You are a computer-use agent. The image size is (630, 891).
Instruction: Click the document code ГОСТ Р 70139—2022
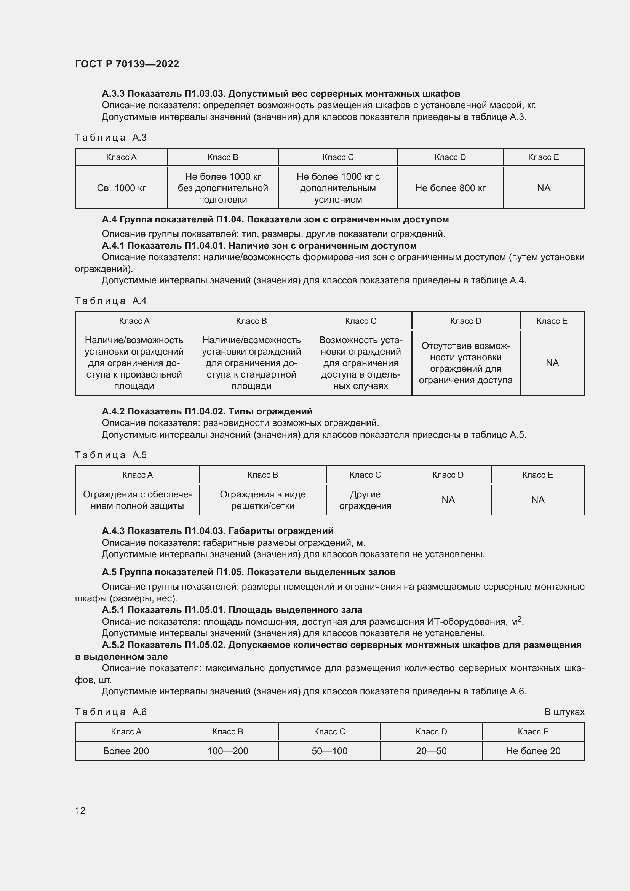(x=127, y=64)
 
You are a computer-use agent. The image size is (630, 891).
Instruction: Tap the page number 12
(x=80, y=810)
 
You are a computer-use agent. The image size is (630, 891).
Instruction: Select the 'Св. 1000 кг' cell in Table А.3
(x=121, y=188)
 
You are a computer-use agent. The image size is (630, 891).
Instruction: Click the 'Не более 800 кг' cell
(x=450, y=188)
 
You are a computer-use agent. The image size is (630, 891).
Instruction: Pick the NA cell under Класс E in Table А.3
(x=544, y=188)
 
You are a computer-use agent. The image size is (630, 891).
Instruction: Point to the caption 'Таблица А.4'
(x=110, y=301)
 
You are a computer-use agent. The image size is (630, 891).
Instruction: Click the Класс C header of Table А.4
(x=360, y=321)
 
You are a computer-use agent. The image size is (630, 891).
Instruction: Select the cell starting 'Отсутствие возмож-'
(x=465, y=363)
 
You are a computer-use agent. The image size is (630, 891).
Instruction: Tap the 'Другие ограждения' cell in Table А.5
(x=365, y=500)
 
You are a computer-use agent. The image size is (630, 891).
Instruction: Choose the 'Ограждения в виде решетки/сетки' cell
(x=263, y=500)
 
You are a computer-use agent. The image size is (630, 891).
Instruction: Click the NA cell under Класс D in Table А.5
(x=448, y=500)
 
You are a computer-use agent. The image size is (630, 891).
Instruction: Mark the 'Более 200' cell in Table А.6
(x=126, y=751)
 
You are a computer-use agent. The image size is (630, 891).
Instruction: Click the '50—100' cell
(x=329, y=751)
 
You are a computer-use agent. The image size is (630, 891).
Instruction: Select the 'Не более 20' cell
(x=533, y=751)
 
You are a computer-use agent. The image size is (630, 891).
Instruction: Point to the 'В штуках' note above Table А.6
(x=564, y=712)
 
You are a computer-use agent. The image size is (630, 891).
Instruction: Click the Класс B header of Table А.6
(x=227, y=731)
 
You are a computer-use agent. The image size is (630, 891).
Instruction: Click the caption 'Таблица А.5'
(x=110, y=455)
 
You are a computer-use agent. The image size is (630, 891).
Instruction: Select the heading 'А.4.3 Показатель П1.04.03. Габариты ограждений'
(x=217, y=531)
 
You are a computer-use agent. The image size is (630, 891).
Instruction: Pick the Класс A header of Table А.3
(x=121, y=157)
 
